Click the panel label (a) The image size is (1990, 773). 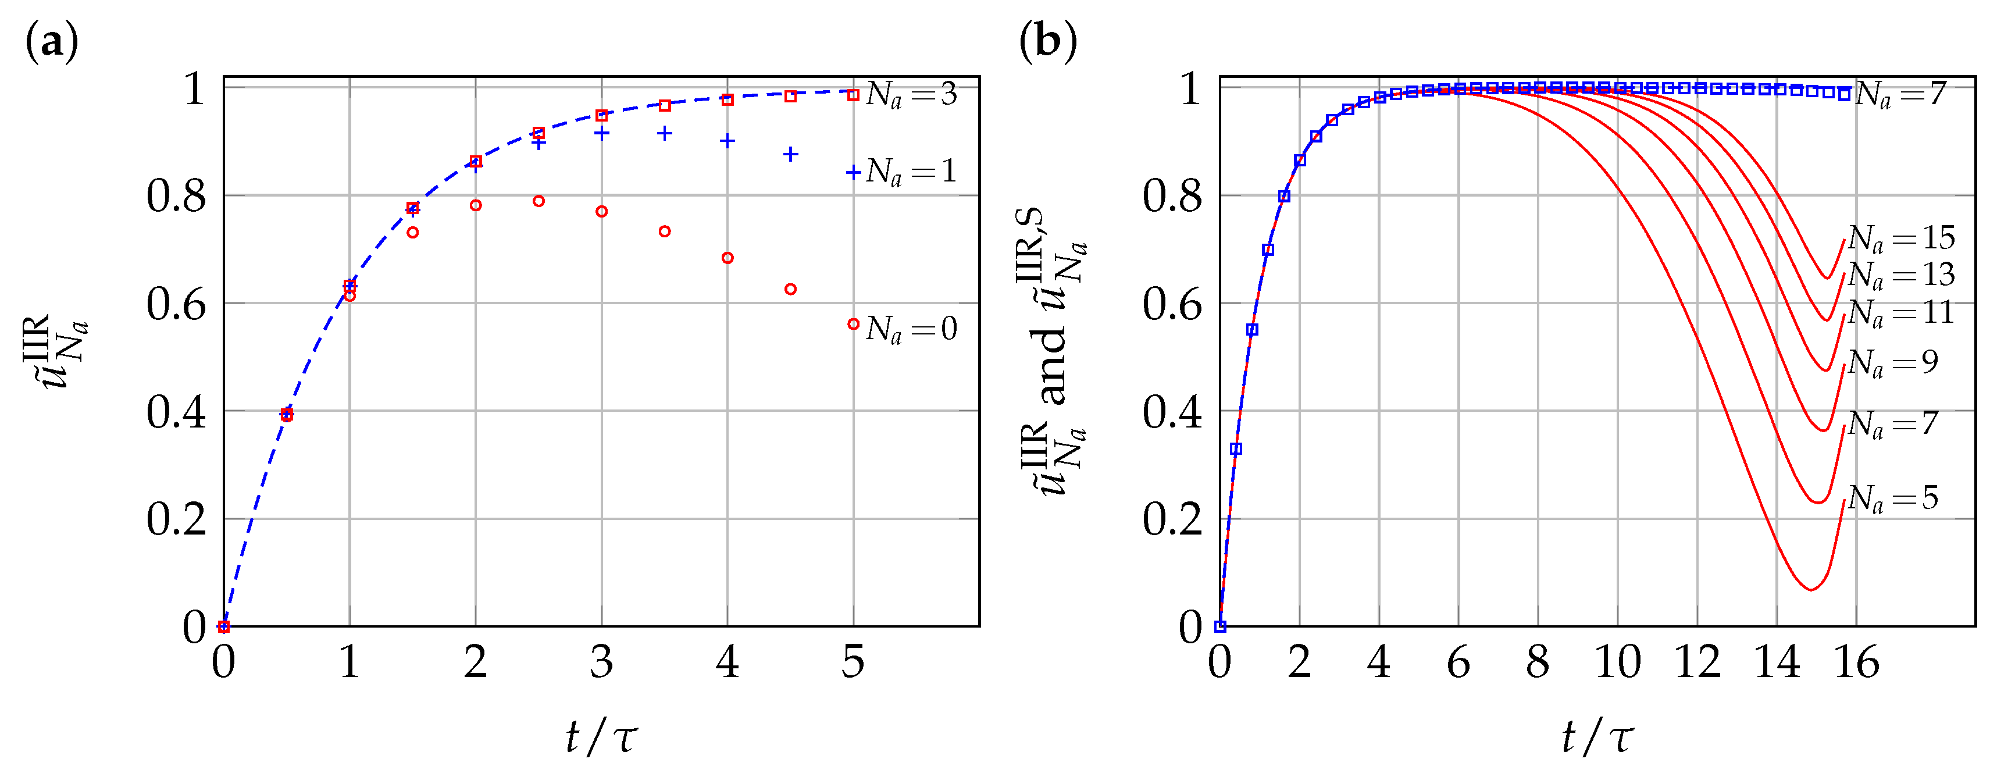52,42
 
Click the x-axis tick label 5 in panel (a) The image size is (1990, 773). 853,662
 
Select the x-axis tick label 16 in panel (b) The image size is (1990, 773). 1856,662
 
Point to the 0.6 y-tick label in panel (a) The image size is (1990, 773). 177,305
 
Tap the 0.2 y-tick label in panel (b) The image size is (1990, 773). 1173,519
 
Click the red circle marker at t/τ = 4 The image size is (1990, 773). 727,258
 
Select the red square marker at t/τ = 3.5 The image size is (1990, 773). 664,106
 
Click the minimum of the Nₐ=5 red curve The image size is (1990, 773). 1811,590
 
